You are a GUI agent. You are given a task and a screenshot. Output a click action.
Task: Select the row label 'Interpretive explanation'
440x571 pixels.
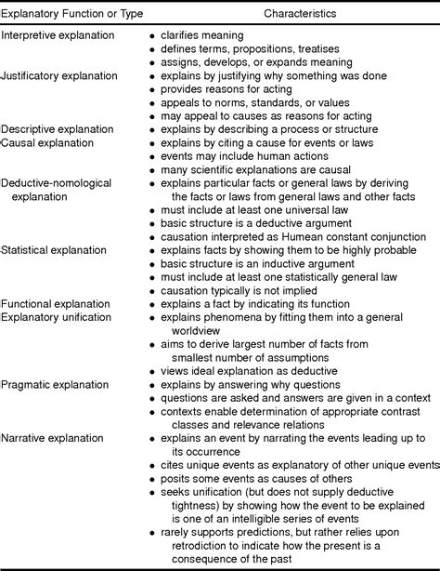click(58, 34)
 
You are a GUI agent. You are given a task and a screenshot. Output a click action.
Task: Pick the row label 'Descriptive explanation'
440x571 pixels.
click(58, 129)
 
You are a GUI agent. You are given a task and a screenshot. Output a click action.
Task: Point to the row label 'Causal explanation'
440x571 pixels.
click(47, 143)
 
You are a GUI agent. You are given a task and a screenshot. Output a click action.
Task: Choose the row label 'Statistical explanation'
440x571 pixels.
click(53, 250)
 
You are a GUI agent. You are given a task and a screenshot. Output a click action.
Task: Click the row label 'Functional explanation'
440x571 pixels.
click(55, 303)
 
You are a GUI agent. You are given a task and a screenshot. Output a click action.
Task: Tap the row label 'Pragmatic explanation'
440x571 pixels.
click(55, 384)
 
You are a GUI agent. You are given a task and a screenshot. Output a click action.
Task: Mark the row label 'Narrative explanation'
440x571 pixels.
click(53, 437)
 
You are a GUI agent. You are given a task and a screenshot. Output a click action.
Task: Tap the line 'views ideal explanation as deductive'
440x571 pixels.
click(246, 370)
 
